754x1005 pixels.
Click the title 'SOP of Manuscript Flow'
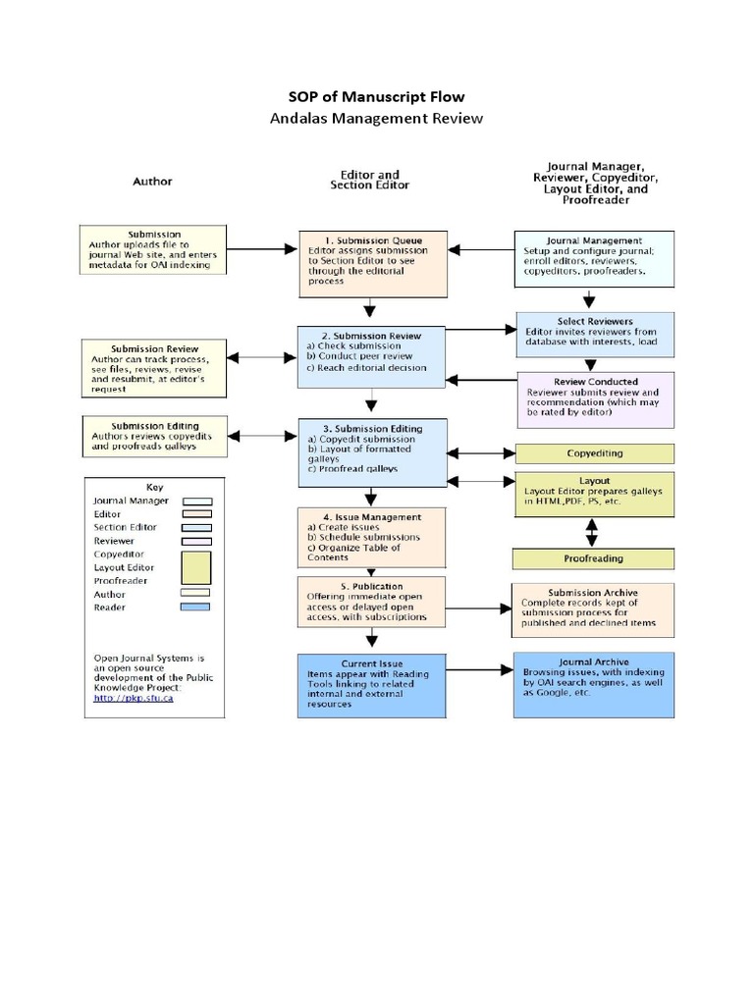point(376,96)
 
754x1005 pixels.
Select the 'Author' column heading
point(152,182)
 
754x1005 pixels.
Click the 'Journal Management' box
point(594,259)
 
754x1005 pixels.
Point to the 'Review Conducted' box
point(594,399)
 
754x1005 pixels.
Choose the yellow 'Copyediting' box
point(594,453)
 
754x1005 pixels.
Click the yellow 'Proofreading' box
point(594,558)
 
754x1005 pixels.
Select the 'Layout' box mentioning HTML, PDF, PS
point(594,495)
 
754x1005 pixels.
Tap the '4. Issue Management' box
point(371,537)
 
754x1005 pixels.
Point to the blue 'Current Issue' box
point(371,683)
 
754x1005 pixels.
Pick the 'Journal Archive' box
point(594,683)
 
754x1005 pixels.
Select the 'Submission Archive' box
point(594,609)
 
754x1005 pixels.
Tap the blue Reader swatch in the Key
point(197,608)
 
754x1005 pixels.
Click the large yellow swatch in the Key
point(197,567)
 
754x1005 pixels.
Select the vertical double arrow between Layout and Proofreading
point(592,531)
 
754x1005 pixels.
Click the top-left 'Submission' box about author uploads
point(153,251)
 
